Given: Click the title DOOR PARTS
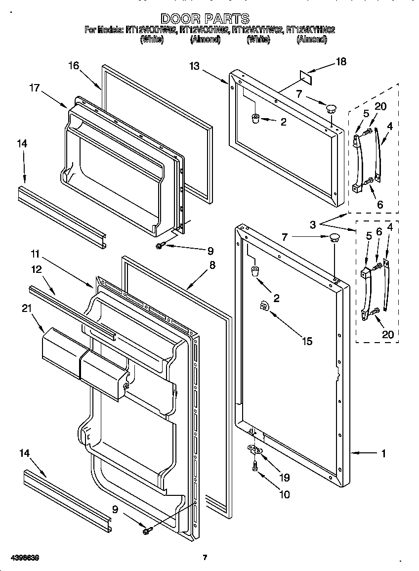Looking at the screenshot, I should [x=206, y=19].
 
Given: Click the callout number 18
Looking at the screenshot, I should [x=341, y=62].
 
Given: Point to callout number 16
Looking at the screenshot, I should [x=74, y=66].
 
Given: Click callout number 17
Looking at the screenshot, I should [x=34, y=88].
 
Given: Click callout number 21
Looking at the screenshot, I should [x=26, y=308].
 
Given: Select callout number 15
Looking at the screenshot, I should [x=307, y=342].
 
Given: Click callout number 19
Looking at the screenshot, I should [x=284, y=478].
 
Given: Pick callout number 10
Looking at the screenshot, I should [x=284, y=494].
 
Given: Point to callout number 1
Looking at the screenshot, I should [x=383, y=453].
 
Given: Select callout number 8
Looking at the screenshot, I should [x=212, y=265].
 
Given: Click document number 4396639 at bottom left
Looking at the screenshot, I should [x=20, y=558].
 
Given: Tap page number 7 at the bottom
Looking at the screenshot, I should [x=205, y=558].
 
